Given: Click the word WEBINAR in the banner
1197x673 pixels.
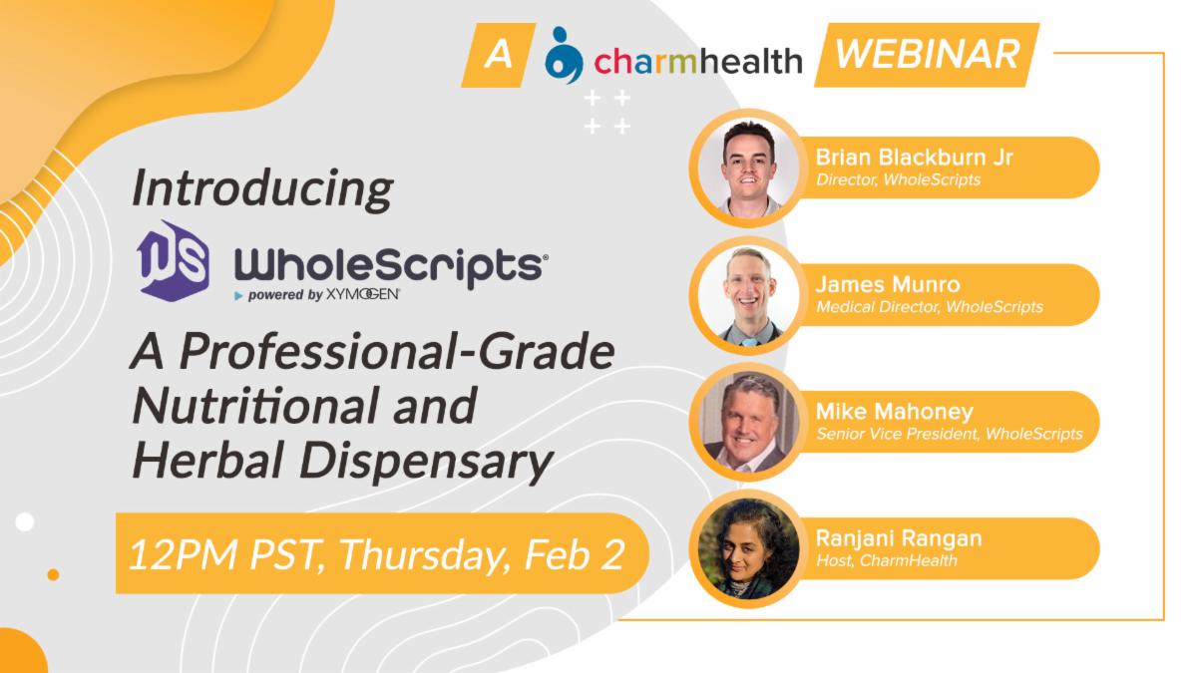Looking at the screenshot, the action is point(927,55).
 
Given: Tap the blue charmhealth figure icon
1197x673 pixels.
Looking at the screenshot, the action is point(564,56).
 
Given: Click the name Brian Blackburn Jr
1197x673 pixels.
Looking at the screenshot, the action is point(914,158).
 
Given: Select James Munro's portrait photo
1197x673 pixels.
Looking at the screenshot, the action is point(748,296).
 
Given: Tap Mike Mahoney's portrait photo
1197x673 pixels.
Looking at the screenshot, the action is point(748,423).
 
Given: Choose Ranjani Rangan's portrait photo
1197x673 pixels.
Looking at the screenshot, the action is point(748,549).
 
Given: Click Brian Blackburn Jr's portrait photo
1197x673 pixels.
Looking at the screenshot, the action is point(748,168).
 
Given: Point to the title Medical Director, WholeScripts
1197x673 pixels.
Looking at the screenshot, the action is point(930,307).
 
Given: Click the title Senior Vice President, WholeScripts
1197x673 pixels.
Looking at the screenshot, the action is point(949,434).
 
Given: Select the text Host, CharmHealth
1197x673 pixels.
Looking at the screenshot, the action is point(887,560).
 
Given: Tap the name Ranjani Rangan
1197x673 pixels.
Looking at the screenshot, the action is point(899,538).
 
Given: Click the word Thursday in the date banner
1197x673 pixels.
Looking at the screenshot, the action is point(422,555).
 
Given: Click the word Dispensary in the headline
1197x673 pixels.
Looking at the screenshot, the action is point(426,462).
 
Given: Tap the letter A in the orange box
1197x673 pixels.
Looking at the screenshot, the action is point(498,55).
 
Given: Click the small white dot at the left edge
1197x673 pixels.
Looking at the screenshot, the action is point(25,521).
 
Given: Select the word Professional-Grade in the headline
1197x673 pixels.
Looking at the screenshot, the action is point(397,352).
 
